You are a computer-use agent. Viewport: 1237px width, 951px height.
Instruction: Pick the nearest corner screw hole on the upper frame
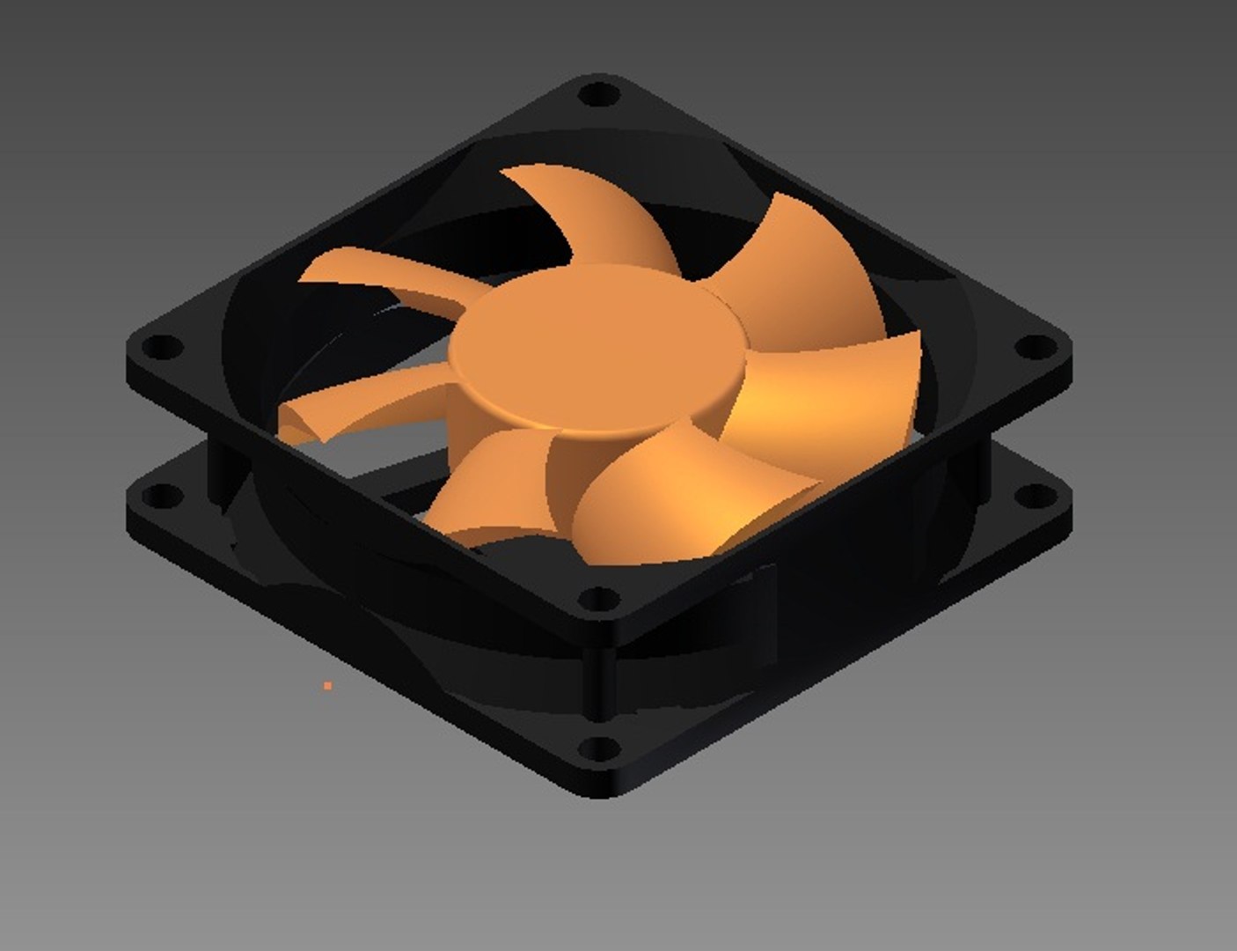(x=599, y=601)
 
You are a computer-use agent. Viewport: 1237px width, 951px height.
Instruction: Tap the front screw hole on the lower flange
(x=600, y=749)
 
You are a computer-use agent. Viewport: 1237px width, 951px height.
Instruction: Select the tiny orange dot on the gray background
(x=328, y=685)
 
